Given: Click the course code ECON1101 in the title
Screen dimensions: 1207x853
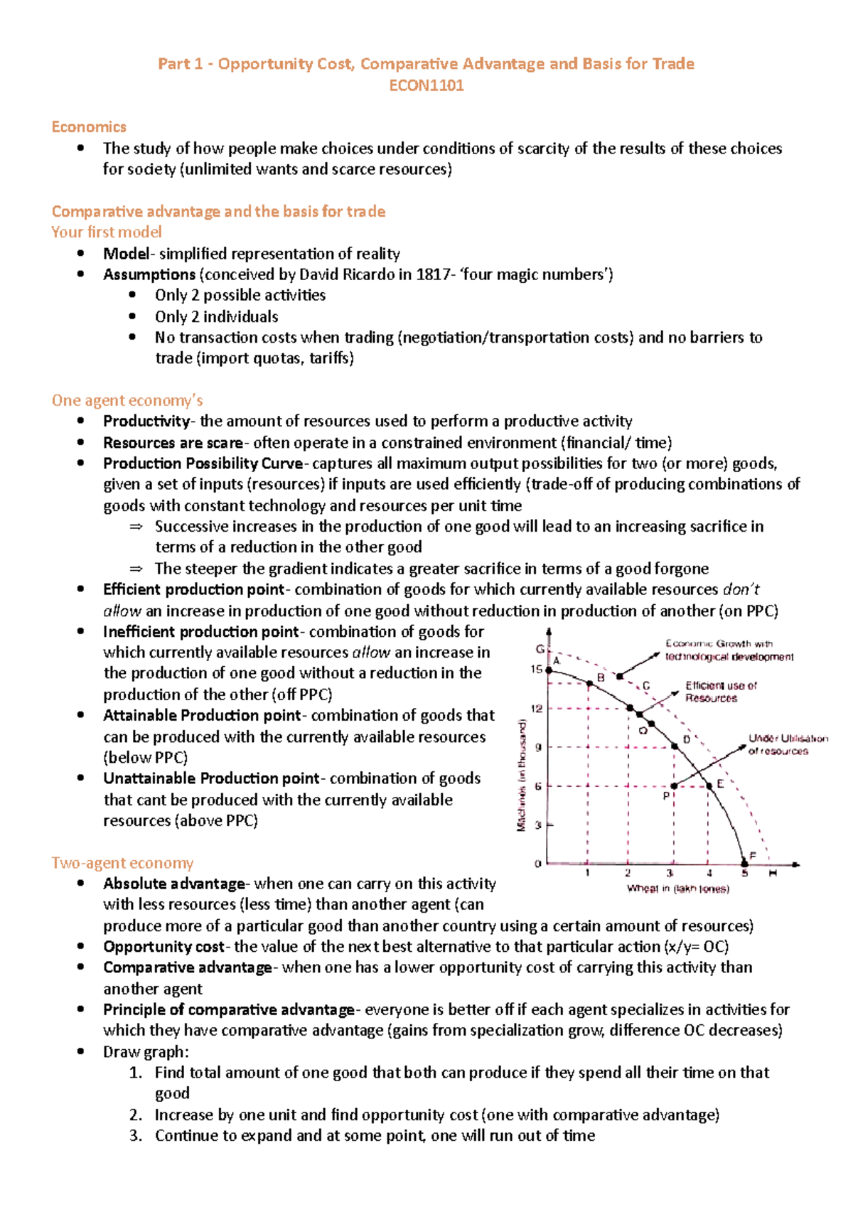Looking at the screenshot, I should click(426, 85).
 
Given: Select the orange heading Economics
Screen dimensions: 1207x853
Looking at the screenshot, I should click(89, 127).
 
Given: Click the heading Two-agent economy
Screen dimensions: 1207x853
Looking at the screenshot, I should click(122, 863).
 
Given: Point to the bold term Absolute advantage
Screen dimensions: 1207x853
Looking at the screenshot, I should click(174, 884).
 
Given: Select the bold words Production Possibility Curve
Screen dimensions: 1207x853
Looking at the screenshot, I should click(203, 463).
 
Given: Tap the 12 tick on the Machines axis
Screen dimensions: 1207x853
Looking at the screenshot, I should click(537, 709).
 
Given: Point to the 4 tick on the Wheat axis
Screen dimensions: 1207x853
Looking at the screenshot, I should click(709, 874).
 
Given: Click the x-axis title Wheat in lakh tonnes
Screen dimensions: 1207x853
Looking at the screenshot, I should click(677, 889).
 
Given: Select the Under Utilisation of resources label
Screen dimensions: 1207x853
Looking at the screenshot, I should click(787, 744).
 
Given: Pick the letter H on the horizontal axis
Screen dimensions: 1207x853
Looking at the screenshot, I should click(773, 873).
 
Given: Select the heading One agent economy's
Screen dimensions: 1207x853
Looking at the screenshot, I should click(127, 400).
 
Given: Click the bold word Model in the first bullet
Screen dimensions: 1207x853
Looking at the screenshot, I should click(126, 254).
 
